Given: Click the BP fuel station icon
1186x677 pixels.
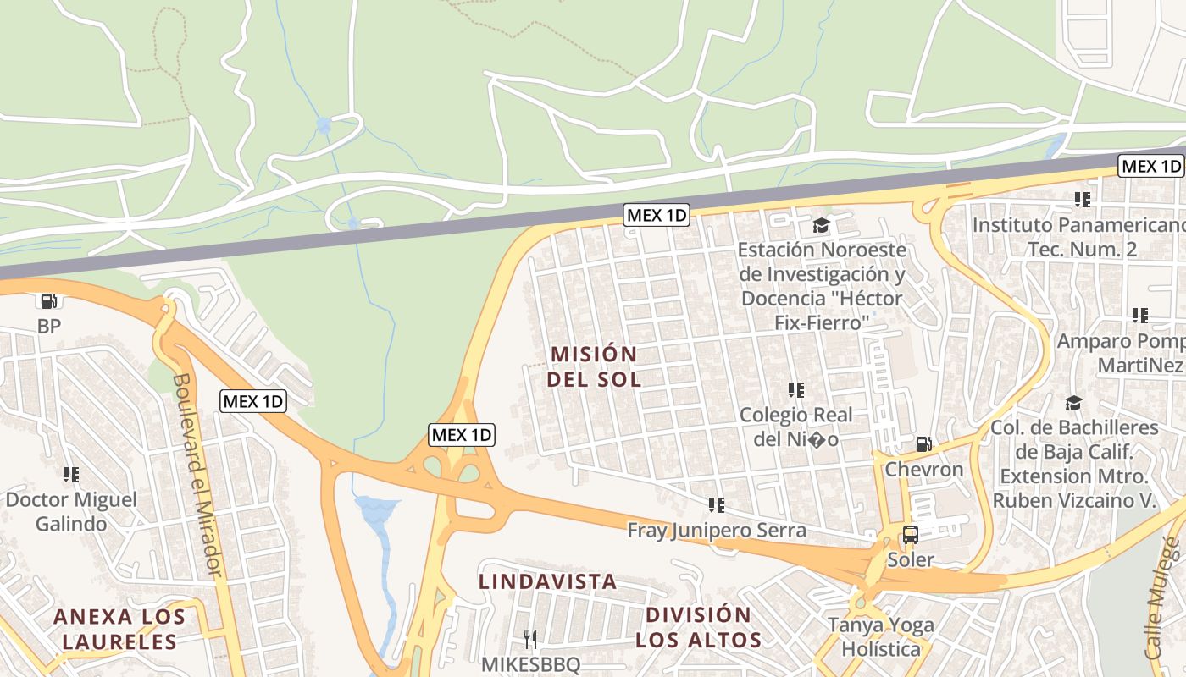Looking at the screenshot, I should click(x=49, y=300).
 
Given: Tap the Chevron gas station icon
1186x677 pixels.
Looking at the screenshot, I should click(x=923, y=444).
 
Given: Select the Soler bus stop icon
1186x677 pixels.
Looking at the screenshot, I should click(x=911, y=535).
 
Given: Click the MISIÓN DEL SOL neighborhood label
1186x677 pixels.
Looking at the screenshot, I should click(x=593, y=366).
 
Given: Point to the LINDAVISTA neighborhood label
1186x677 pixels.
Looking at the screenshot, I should click(x=548, y=582).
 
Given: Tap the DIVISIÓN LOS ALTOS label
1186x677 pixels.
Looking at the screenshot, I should click(x=698, y=627).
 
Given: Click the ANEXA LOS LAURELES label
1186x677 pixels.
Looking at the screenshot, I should click(x=119, y=629).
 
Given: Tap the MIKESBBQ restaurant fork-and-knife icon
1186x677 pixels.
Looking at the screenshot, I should click(x=530, y=639).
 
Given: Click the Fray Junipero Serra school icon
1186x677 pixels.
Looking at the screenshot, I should click(x=717, y=505).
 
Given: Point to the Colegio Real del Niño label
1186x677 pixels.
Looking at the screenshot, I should click(x=796, y=427).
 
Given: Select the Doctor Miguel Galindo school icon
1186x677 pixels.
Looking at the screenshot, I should click(x=71, y=475).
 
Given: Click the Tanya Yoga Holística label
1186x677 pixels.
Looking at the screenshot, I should click(x=881, y=637).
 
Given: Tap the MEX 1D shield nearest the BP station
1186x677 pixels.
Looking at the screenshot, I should click(x=253, y=401).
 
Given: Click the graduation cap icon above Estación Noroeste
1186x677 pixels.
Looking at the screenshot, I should click(x=821, y=225).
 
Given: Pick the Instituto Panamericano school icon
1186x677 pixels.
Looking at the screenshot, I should click(x=1082, y=200).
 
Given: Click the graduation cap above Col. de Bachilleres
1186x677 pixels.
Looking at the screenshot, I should click(x=1073, y=403).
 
